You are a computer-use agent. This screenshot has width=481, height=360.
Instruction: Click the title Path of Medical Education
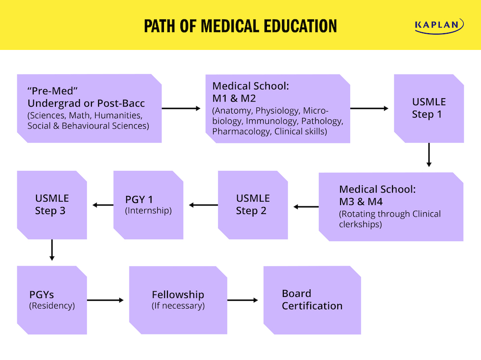(240, 26)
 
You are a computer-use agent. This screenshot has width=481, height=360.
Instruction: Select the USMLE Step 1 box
(429, 108)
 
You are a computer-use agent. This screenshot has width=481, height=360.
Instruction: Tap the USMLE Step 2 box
(253, 205)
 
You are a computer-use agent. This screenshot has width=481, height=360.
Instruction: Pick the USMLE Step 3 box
(52, 205)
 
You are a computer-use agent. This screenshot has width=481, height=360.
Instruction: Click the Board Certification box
(312, 300)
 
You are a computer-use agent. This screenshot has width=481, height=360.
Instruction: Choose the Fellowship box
(178, 300)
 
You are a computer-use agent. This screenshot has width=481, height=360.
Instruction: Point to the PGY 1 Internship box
(148, 205)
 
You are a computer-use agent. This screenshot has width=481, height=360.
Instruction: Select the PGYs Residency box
(52, 300)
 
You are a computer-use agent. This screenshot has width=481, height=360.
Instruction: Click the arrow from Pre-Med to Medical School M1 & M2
(181, 108)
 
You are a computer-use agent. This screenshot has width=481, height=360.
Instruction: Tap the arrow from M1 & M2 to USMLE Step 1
(369, 108)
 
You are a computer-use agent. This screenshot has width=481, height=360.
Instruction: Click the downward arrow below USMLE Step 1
(429, 154)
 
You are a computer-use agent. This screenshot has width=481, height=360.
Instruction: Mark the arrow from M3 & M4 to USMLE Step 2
(306, 207)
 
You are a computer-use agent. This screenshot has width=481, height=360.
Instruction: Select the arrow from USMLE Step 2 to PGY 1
(203, 205)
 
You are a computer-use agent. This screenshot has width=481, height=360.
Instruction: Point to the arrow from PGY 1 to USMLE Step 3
(102, 205)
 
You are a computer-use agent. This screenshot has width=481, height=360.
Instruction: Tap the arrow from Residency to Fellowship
(105, 300)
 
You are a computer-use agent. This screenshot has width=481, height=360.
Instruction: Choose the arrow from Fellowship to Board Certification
(242, 300)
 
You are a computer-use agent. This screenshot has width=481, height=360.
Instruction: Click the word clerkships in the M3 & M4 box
(360, 224)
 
